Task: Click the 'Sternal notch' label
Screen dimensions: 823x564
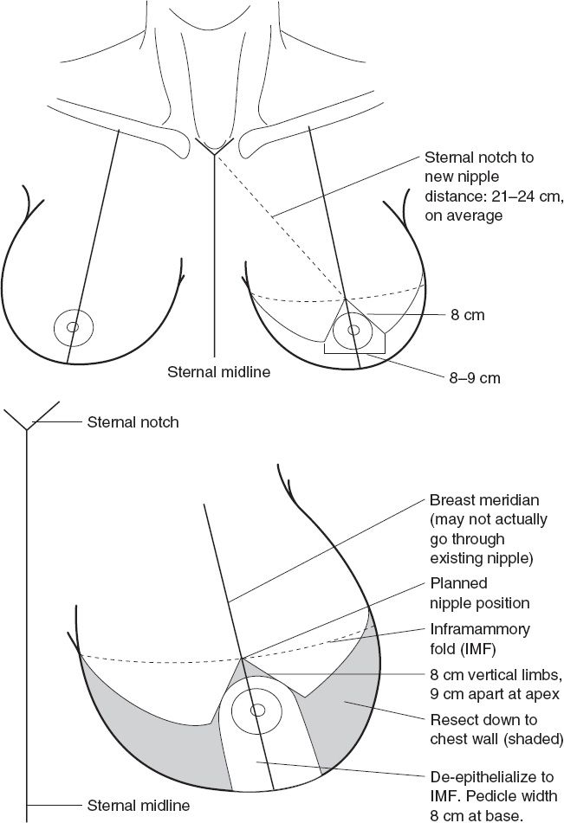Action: coord(133,423)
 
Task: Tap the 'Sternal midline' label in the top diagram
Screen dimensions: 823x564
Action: coord(218,373)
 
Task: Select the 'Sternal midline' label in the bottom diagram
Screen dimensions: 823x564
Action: coord(139,805)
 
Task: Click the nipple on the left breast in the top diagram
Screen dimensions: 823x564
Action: coord(73,327)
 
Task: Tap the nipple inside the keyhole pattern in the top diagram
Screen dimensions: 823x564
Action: coord(353,330)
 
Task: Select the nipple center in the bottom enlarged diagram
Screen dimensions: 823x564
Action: coord(257,710)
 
